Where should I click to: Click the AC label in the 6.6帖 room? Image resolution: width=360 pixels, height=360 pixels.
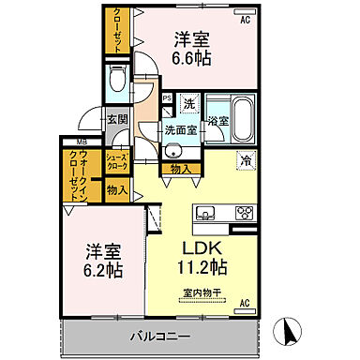point(245,19)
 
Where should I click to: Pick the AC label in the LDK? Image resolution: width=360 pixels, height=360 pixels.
point(246,303)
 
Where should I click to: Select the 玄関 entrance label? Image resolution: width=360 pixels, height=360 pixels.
point(116,119)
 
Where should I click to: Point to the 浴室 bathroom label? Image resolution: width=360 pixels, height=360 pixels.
point(217,121)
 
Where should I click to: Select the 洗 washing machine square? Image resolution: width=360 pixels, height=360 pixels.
point(188,104)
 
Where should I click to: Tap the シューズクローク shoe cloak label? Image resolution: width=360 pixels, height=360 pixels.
point(116,160)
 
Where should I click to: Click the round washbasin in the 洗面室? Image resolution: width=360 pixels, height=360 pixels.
point(172,152)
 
